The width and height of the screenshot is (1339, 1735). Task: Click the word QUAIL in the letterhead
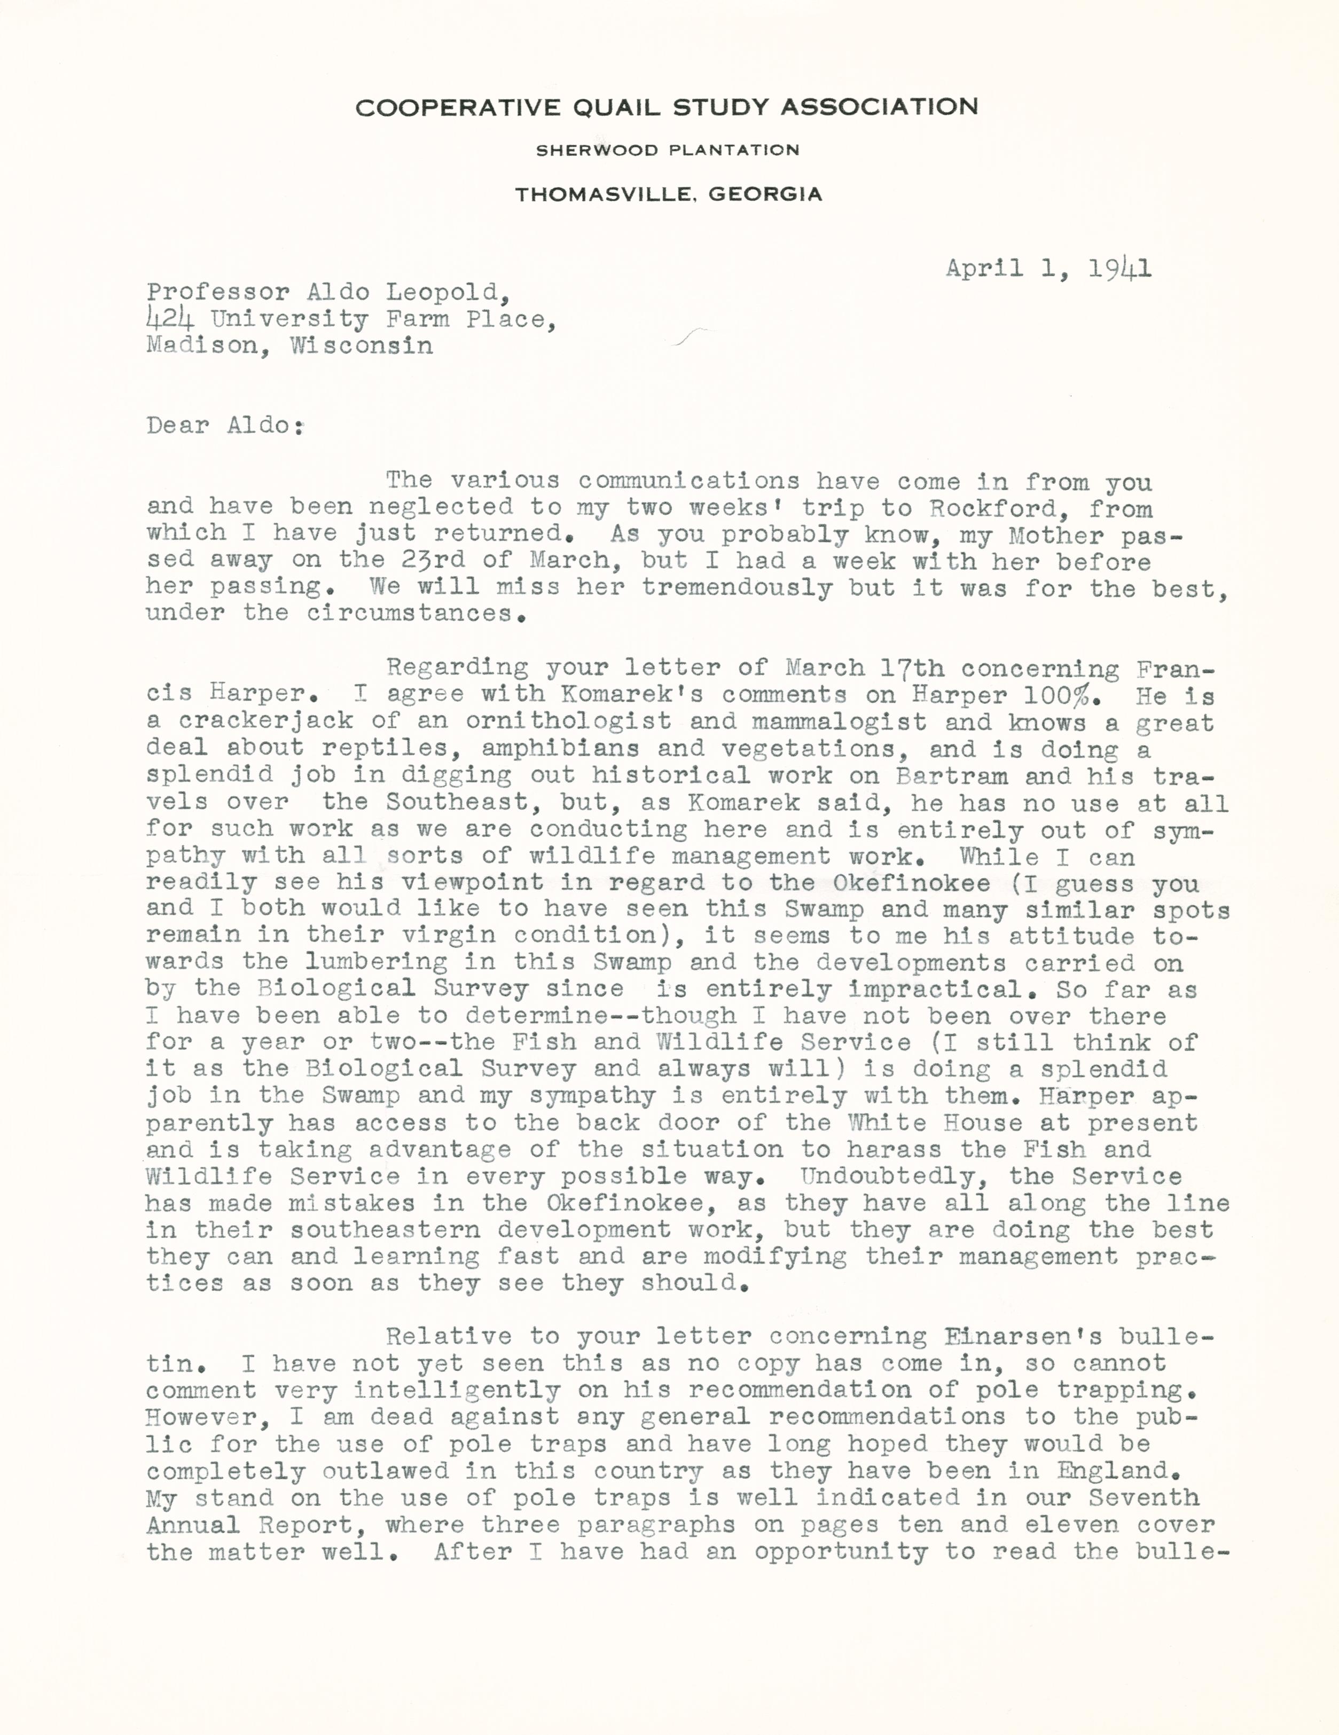[x=618, y=107]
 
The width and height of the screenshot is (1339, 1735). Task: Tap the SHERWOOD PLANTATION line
[x=668, y=150]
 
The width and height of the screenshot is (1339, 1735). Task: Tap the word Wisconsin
[x=362, y=347]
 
